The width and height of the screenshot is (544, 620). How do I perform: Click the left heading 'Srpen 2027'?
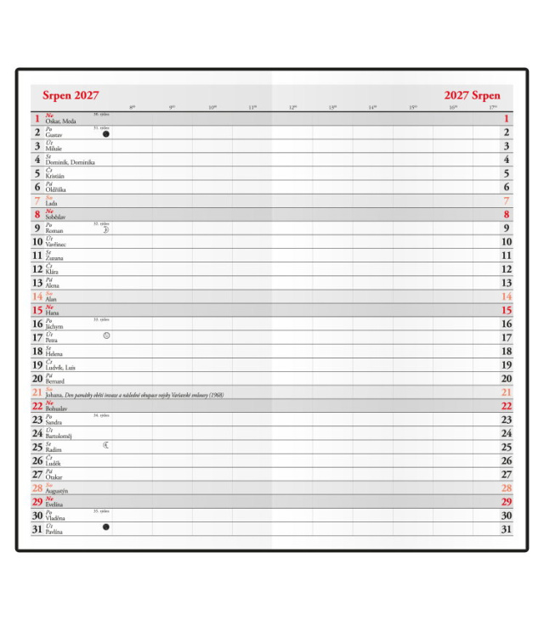tap(71, 95)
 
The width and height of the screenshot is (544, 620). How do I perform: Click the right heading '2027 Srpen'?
tap(472, 95)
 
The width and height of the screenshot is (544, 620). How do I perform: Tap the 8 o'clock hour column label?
tap(131, 107)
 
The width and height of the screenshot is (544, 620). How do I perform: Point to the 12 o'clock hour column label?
tap(292, 107)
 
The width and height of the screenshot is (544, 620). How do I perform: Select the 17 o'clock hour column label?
tap(493, 107)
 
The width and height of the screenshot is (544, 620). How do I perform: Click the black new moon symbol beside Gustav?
tap(105, 133)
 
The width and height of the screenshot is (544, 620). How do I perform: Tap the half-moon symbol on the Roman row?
tap(106, 229)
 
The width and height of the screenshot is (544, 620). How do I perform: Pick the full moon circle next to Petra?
tap(106, 335)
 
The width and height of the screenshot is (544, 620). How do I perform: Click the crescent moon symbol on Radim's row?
tap(106, 444)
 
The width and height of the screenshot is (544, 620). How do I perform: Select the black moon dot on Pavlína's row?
tap(105, 527)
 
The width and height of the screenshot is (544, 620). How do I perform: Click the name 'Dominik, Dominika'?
tap(70, 162)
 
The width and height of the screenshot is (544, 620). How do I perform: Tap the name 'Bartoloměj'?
tap(59, 436)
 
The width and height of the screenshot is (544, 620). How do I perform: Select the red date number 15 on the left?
tap(37, 310)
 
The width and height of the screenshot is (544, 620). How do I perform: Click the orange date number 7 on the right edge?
tap(507, 201)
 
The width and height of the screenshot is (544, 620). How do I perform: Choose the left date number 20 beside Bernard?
tap(37, 379)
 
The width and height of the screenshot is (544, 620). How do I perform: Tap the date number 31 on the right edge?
tap(507, 529)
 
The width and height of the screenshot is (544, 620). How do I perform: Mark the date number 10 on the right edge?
tap(507, 242)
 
